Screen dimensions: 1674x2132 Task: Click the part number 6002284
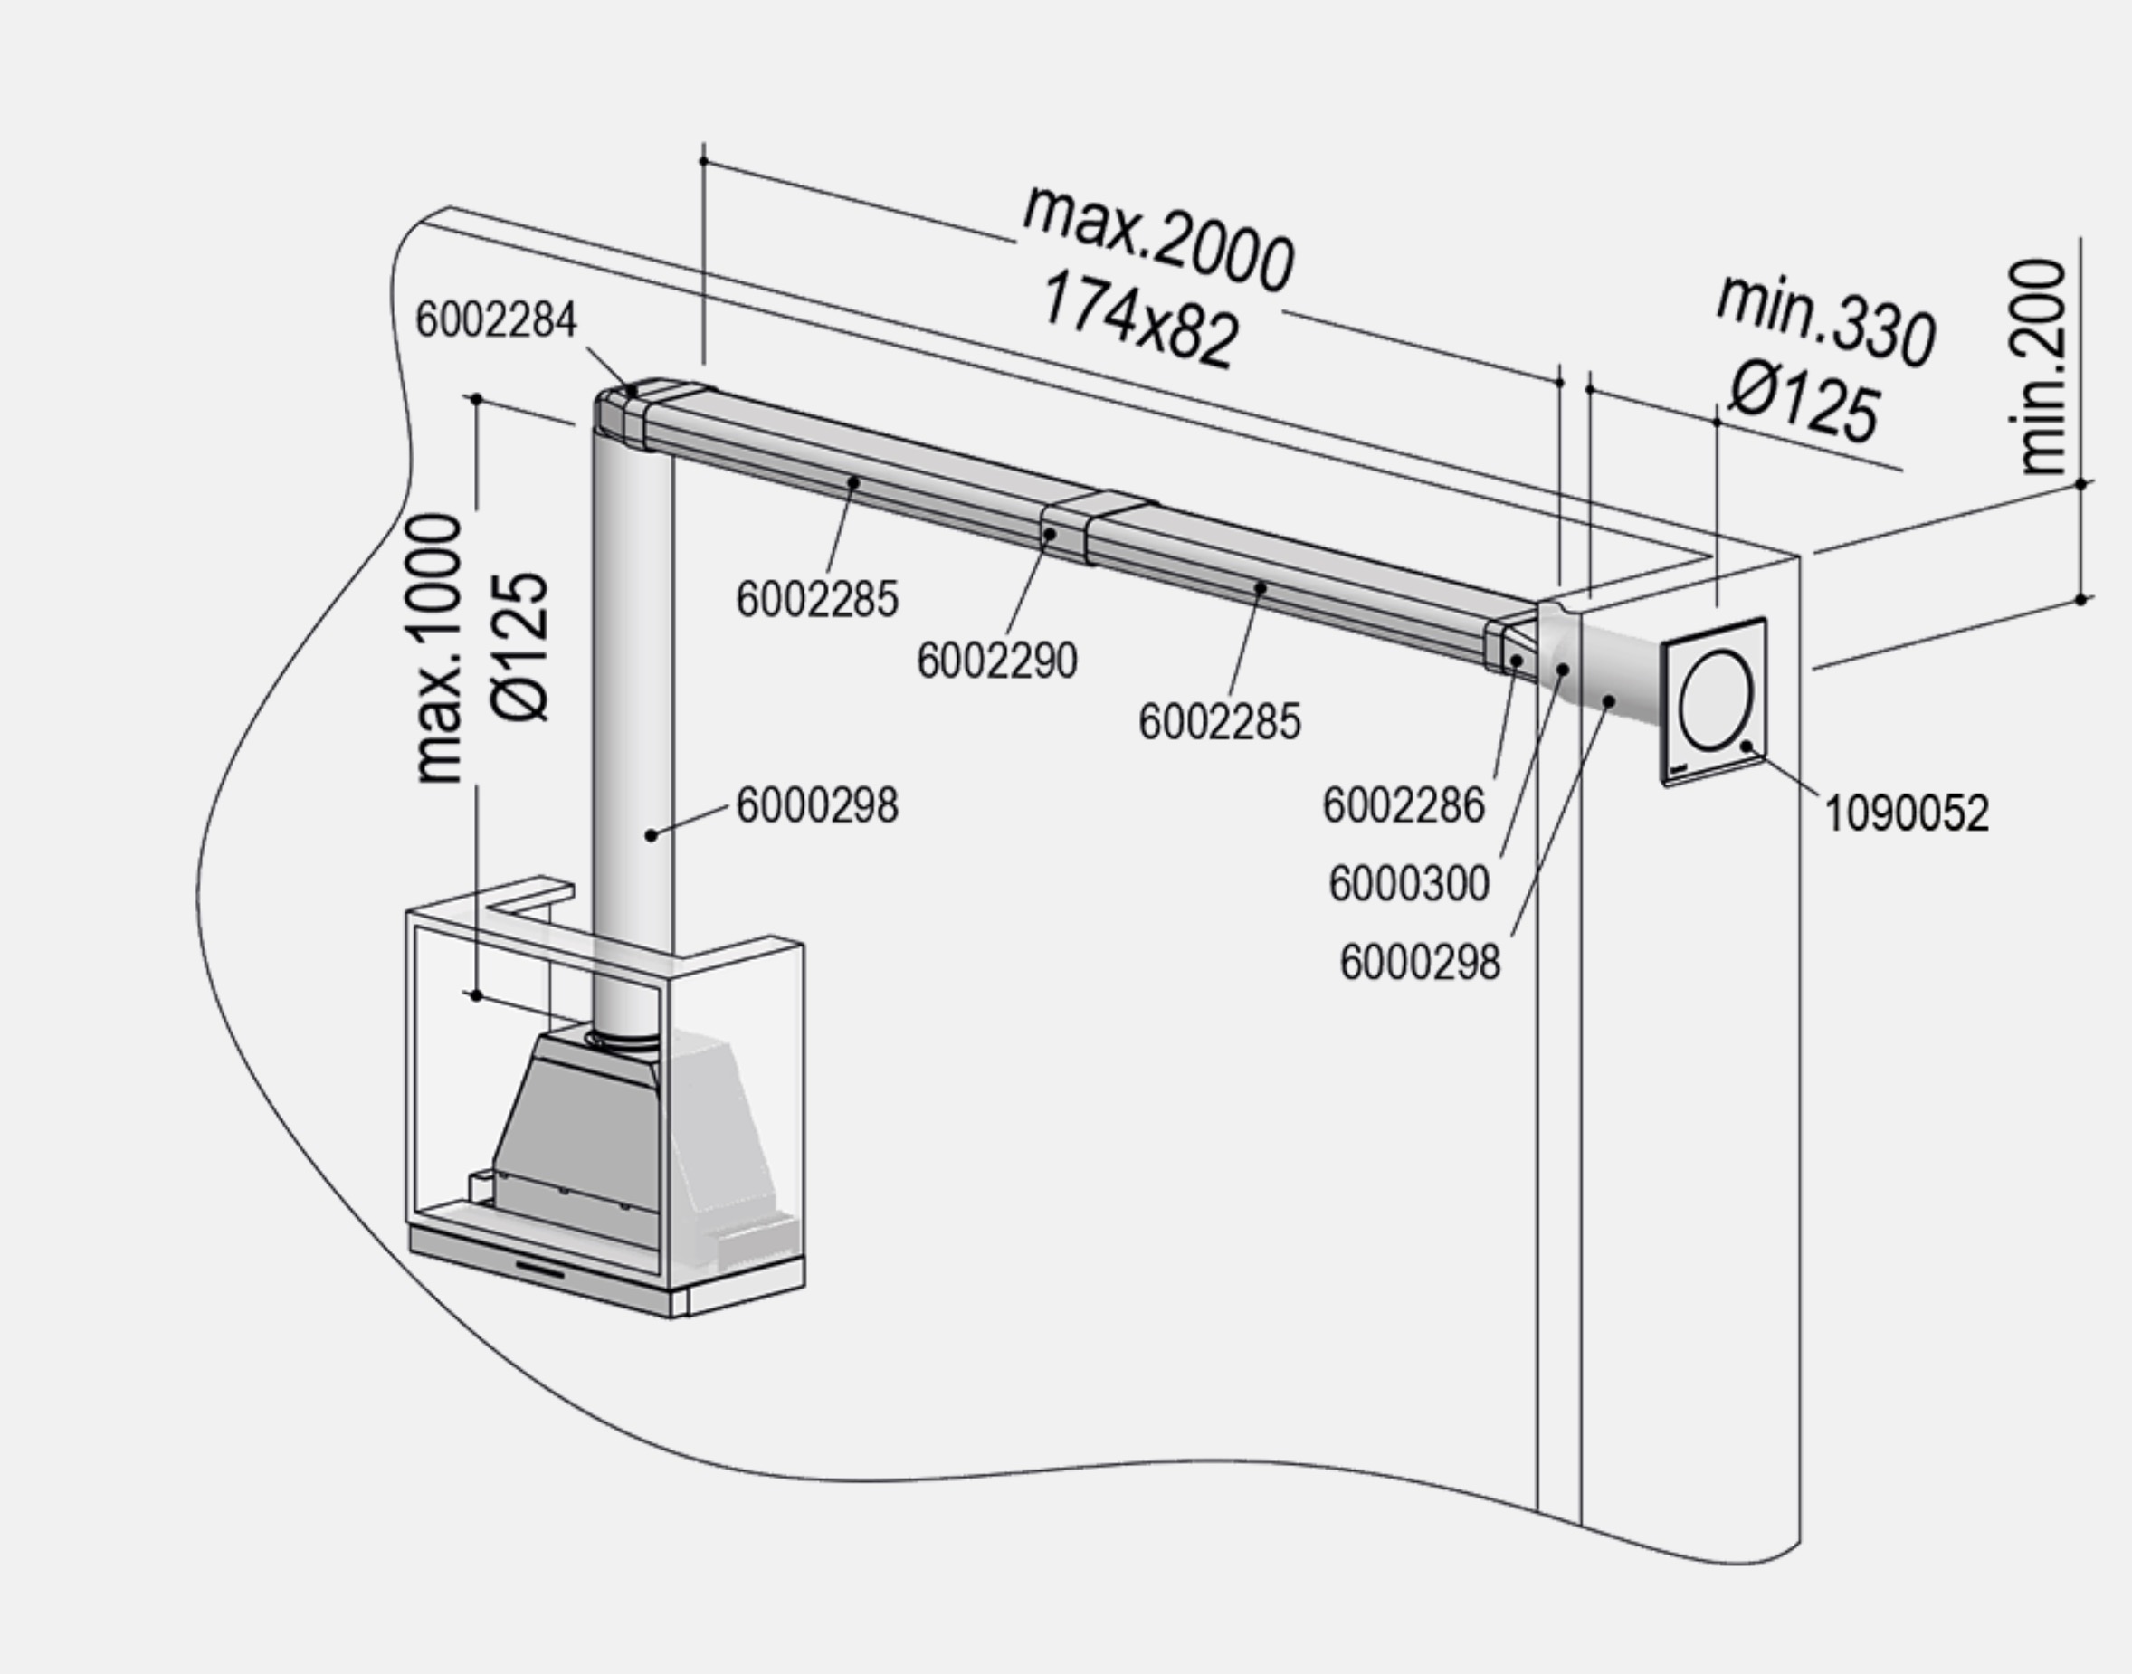coord(496,320)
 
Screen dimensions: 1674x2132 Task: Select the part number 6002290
coord(997,661)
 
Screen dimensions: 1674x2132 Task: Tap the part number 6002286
coord(1403,805)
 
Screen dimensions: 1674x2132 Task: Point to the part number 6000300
coord(1409,884)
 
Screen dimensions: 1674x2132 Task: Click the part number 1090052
coord(1906,813)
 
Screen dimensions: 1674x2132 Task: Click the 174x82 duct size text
coord(1138,320)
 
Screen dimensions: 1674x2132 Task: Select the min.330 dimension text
coord(1825,319)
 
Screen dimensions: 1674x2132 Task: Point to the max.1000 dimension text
coord(438,648)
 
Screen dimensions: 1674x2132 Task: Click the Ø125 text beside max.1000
coord(519,648)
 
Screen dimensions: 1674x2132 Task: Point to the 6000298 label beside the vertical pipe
coord(816,805)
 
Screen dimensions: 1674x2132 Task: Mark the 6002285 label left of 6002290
coord(816,600)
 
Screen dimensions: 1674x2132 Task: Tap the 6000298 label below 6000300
coord(1420,963)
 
